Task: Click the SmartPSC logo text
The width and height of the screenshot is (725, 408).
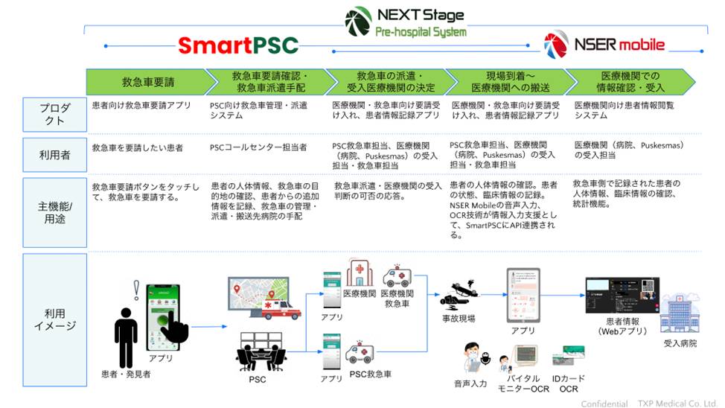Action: (x=237, y=46)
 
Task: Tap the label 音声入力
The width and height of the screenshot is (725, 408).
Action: (x=470, y=384)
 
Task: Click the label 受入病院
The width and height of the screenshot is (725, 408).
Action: (x=680, y=344)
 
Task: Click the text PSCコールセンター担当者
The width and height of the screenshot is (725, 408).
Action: (x=258, y=147)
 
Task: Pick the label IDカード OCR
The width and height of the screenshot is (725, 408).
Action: (x=568, y=384)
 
